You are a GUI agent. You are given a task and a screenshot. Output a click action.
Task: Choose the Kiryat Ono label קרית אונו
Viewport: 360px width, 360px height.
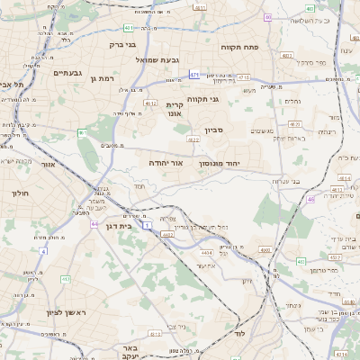click(x=175, y=110)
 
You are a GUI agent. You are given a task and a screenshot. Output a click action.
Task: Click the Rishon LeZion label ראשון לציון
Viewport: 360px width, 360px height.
click(x=36, y=312)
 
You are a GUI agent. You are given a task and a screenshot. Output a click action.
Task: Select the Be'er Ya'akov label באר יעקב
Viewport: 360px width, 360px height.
click(x=131, y=352)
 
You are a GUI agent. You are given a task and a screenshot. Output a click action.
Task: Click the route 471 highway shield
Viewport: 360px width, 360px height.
click(x=194, y=75)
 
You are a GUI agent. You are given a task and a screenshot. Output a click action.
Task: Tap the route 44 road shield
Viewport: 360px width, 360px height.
click(x=94, y=223)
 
